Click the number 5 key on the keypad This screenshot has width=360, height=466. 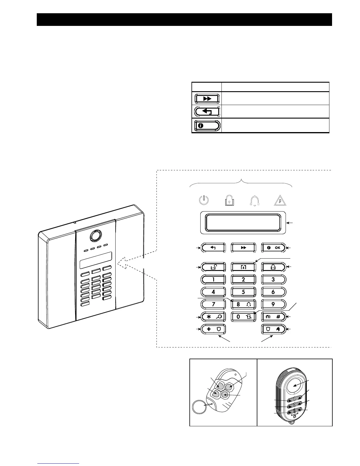coord(243,292)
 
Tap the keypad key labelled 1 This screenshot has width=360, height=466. coord(214,279)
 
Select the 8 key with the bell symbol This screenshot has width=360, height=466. coord(243,304)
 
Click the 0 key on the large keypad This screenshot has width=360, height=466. coord(243,317)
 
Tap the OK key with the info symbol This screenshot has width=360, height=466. coord(274,248)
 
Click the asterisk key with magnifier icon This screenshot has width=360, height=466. coord(214,317)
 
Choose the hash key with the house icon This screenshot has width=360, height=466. coord(274,317)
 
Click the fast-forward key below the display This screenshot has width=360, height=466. coord(243,248)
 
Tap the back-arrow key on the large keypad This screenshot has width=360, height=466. coord(214,248)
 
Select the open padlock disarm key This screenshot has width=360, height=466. coord(214,267)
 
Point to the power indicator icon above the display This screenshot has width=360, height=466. coord(204,200)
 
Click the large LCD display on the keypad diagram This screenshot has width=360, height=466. coord(243,222)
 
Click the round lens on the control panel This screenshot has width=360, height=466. coord(96,235)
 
